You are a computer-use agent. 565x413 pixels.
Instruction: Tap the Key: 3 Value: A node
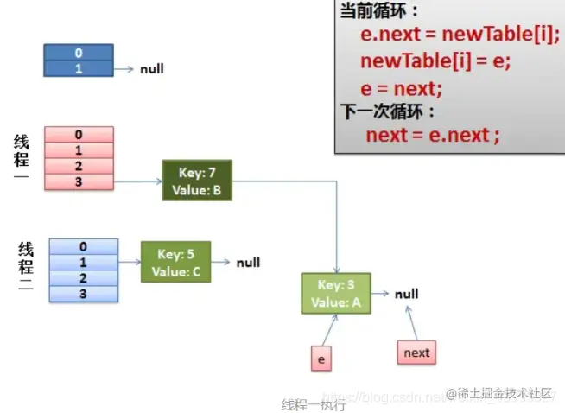(x=336, y=294)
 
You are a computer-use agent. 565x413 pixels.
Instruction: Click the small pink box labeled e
(x=321, y=358)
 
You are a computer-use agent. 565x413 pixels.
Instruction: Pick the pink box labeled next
(x=416, y=353)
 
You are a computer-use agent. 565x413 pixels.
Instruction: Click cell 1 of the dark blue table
(x=79, y=68)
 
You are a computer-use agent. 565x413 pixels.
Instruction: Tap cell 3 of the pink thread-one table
(x=79, y=181)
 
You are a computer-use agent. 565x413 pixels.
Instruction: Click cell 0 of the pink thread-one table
(x=79, y=135)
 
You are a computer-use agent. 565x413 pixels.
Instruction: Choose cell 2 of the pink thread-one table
(x=79, y=166)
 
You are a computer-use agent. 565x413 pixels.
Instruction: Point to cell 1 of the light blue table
(x=83, y=263)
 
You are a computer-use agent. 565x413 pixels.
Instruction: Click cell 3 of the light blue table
(x=83, y=294)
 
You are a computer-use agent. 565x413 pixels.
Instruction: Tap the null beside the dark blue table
(x=152, y=68)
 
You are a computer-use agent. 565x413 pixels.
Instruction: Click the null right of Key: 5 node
(x=248, y=263)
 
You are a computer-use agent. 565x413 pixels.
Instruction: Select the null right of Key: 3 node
(x=406, y=294)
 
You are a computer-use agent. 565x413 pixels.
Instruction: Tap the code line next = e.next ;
(x=433, y=135)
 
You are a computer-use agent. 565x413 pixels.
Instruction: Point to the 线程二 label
(x=25, y=267)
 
